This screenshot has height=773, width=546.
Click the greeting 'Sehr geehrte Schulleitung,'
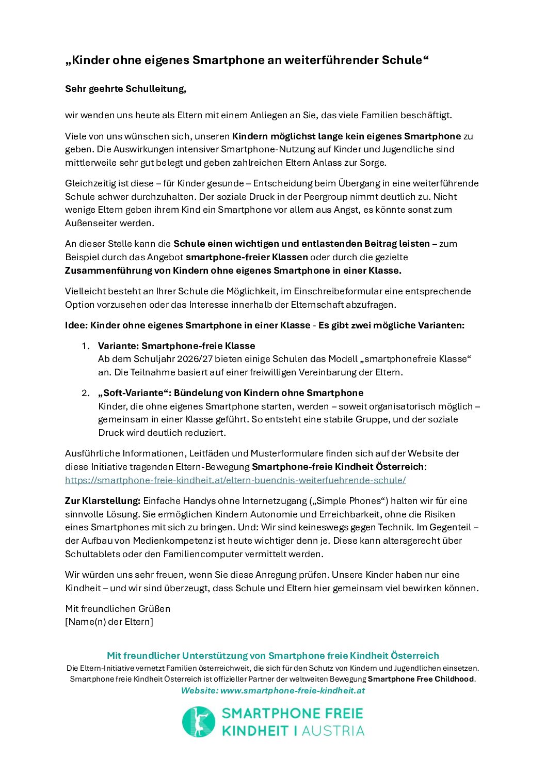tap(125, 89)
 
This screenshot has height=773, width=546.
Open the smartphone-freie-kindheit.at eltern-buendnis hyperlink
tap(235, 480)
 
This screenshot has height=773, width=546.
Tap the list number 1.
tap(86, 346)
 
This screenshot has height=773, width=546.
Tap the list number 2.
tap(86, 393)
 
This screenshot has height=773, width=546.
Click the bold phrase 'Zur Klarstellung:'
tap(103, 501)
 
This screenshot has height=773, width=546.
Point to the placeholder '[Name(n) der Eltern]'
tap(109, 622)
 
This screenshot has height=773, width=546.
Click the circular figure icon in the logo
tap(199, 722)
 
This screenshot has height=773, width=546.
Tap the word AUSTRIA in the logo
tap(333, 731)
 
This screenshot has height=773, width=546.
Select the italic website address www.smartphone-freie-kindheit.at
tap(292, 691)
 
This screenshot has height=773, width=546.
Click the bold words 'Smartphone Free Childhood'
tap(421, 679)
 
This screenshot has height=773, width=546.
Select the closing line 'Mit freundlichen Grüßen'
tap(118, 609)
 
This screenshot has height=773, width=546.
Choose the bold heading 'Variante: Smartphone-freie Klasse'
tap(176, 346)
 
